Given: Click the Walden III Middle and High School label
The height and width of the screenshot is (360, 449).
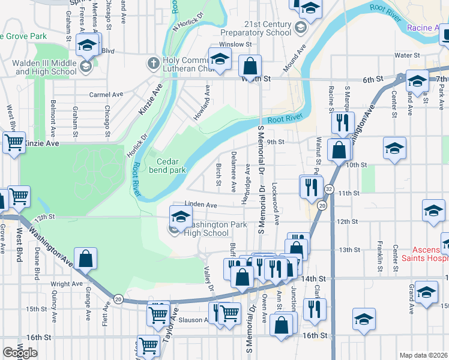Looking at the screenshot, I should coord(46,68).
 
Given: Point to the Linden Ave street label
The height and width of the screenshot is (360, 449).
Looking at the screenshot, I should coord(200,205).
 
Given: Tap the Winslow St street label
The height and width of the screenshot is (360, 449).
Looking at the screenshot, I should coord(235,44).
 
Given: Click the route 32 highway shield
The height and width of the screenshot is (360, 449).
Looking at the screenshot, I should coord(329,189).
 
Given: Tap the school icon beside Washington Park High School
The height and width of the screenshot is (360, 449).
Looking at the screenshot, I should coord(180,217).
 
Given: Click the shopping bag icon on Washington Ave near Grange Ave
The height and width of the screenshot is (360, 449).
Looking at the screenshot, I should coord(86,259).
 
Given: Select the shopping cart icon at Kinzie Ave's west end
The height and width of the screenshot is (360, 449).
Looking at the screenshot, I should coord(14,143).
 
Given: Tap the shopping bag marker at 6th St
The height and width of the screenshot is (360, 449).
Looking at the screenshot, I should coord(250,66).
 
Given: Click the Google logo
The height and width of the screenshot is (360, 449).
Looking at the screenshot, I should coord(20,353).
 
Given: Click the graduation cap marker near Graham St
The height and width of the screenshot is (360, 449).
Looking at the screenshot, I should coord(87,45).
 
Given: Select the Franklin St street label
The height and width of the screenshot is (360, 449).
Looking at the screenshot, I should coord(380,253).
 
